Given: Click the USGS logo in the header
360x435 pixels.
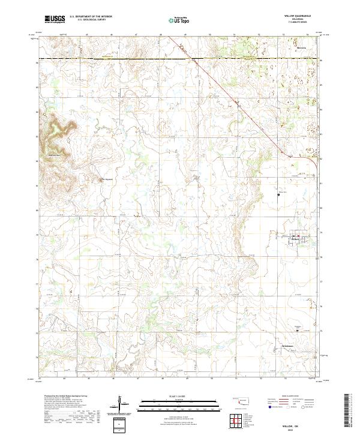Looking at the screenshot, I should (55, 19).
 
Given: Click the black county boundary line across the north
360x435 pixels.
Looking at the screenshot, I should (120, 58).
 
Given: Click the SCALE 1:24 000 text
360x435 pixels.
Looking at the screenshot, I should (163, 397).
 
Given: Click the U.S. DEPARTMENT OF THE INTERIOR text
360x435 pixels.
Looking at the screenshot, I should (89, 16).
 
